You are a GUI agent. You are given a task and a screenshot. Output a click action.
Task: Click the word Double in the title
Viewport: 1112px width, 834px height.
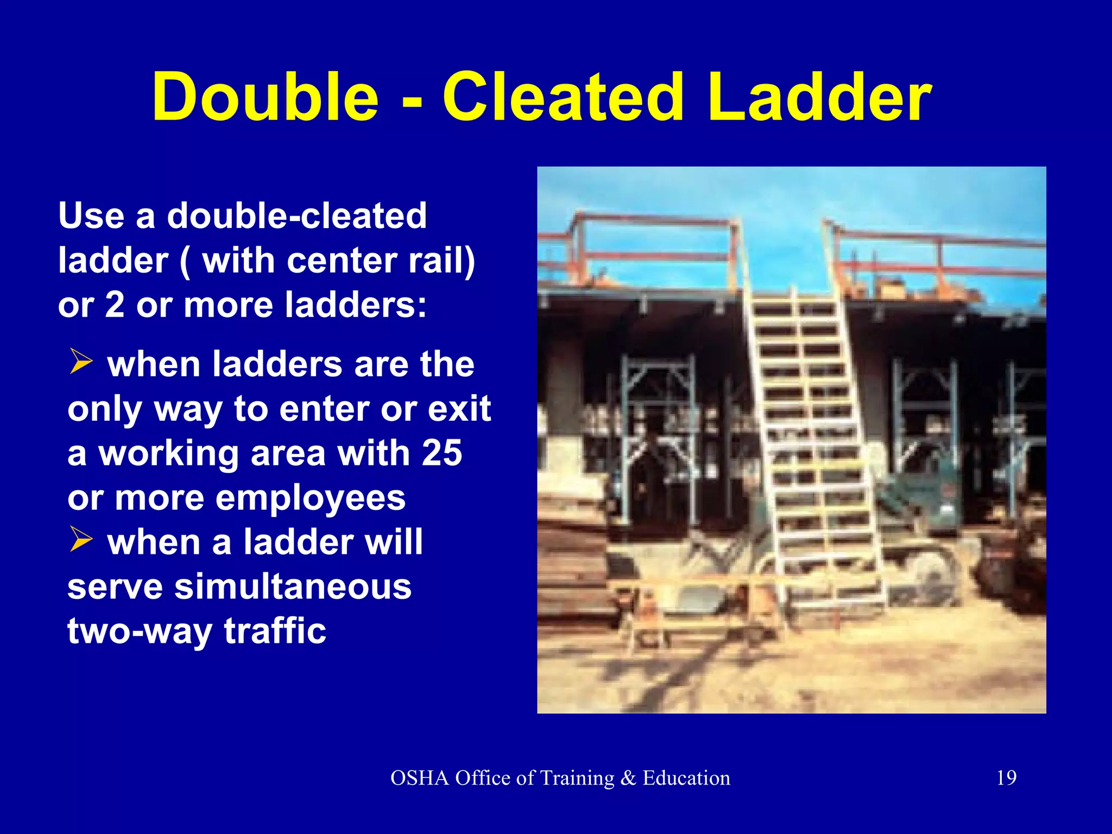pyautogui.click(x=265, y=98)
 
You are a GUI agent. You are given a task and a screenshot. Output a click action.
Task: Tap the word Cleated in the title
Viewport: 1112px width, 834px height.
pyautogui.click(x=563, y=98)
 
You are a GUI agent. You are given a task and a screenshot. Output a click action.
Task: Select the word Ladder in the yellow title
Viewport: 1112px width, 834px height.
pyautogui.click(x=820, y=98)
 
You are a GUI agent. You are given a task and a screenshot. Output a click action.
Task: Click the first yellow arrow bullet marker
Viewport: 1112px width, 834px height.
pyautogui.click(x=81, y=362)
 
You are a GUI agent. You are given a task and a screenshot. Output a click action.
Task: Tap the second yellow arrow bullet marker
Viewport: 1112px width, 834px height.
pyautogui.click(x=81, y=540)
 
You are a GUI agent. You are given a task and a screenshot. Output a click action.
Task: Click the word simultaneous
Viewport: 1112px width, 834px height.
pyautogui.click(x=293, y=587)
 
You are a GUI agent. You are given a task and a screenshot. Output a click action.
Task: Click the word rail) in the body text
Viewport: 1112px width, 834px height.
pyautogui.click(x=441, y=261)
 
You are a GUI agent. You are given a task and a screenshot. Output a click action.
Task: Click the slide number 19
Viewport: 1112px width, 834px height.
pyautogui.click(x=1006, y=778)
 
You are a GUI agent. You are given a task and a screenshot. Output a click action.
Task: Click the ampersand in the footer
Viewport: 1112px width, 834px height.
pyautogui.click(x=628, y=778)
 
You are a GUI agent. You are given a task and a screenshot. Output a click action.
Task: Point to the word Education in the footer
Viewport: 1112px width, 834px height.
pyautogui.click(x=686, y=778)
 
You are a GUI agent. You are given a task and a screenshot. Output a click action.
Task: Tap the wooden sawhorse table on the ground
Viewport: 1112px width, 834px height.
pyautogui.click(x=700, y=603)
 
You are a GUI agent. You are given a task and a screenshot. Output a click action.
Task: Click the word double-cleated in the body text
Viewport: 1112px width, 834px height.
pyautogui.click(x=297, y=216)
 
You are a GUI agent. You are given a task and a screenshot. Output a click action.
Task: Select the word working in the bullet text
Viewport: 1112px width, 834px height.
pyautogui.click(x=169, y=454)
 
